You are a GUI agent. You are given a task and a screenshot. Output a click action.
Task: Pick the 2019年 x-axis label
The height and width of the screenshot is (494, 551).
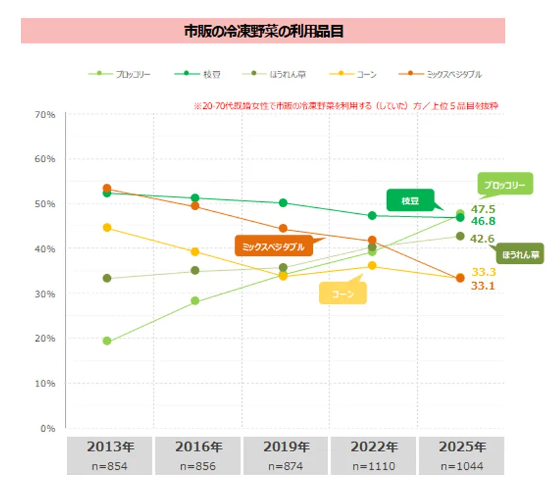pyautogui.click(x=286, y=447)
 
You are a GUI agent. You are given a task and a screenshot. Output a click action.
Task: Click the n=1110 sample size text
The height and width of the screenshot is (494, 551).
pyautogui.click(x=374, y=466)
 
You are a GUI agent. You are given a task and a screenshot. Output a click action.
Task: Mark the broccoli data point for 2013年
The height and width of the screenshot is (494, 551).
pyautogui.click(x=107, y=341)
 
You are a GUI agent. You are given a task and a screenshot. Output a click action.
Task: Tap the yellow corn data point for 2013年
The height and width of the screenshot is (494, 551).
pyautogui.click(x=107, y=228)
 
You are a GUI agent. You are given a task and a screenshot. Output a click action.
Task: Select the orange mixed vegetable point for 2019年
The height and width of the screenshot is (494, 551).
pyautogui.click(x=283, y=229)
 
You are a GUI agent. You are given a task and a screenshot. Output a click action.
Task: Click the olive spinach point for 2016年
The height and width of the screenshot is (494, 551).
pyautogui.click(x=195, y=270)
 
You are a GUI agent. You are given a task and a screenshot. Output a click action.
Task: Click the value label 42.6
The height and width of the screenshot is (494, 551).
pyautogui.click(x=483, y=239)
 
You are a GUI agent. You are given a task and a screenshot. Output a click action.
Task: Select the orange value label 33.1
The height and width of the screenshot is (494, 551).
pyautogui.click(x=483, y=285)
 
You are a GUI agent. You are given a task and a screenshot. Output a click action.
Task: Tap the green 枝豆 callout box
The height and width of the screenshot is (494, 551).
pyautogui.click(x=410, y=201)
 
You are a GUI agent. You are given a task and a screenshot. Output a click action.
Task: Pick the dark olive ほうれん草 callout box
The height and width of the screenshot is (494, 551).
pyautogui.click(x=520, y=255)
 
